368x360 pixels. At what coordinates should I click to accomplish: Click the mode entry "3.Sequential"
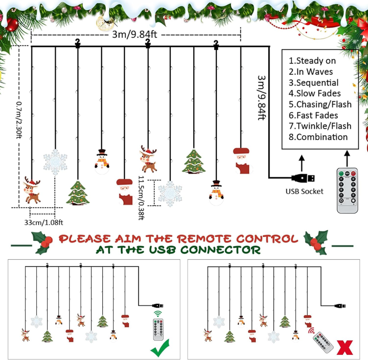click(314, 83)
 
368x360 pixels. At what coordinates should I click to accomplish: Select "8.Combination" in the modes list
click(318, 137)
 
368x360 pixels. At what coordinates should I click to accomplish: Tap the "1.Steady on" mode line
click(312, 61)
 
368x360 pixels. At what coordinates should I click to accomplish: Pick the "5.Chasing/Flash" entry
click(320, 104)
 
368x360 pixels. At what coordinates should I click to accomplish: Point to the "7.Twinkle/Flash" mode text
click(320, 126)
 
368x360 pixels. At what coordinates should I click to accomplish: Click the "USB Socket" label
click(304, 191)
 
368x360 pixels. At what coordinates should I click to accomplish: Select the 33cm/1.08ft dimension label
click(44, 222)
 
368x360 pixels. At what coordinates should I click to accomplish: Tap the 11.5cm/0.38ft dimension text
click(141, 198)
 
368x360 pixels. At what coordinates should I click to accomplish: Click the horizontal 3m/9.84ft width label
click(134, 35)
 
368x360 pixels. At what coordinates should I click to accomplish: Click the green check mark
click(160, 348)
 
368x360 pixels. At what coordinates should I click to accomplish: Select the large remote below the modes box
click(347, 190)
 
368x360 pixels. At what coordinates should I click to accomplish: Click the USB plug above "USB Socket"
click(303, 178)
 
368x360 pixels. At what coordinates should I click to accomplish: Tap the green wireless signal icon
click(158, 314)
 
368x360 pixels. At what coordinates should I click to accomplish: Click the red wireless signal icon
click(311, 331)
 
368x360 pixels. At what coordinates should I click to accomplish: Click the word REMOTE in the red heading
click(204, 239)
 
